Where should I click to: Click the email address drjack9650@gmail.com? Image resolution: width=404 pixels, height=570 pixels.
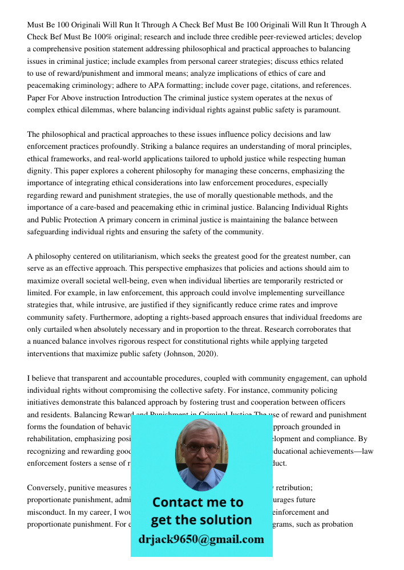pyautogui.click(x=201, y=539)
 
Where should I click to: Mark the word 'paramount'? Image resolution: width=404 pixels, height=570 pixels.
pyautogui.click(x=319, y=110)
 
